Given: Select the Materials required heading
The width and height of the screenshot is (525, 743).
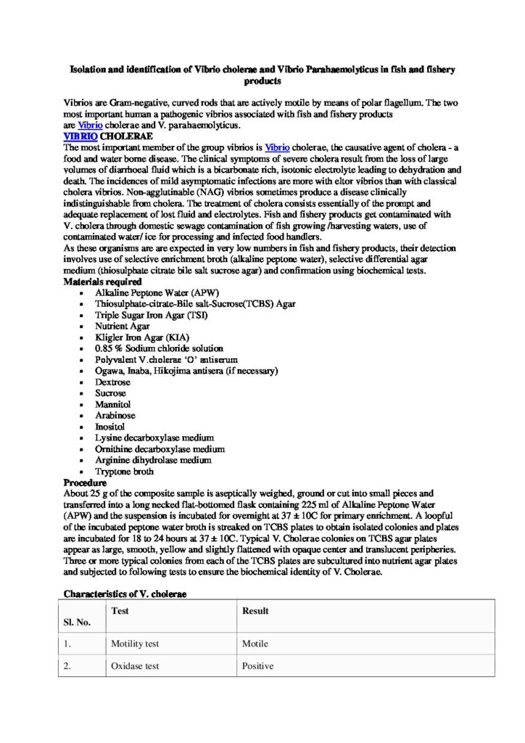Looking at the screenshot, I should (x=102, y=281).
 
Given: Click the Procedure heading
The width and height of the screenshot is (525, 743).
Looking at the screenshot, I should (x=86, y=483).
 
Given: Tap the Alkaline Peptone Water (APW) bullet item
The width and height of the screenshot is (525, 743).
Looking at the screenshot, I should (x=140, y=292).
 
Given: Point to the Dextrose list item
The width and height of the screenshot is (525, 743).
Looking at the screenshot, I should (x=112, y=382).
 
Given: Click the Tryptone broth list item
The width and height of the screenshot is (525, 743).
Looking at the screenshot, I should (x=124, y=472).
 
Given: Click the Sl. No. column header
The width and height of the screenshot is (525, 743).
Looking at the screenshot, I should (x=78, y=622).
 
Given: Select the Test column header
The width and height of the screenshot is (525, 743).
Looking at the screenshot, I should (x=120, y=611).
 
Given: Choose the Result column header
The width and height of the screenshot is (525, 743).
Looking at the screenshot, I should (x=255, y=611).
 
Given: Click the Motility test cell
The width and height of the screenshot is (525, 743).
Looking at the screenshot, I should (x=135, y=644).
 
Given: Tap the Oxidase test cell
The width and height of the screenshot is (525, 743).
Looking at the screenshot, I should (x=135, y=666).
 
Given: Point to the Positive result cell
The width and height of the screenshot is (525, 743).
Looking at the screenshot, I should (x=258, y=666).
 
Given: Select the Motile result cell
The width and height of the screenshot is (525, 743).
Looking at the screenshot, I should (x=255, y=644).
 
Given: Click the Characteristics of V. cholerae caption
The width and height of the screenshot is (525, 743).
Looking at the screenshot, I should (x=125, y=594).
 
